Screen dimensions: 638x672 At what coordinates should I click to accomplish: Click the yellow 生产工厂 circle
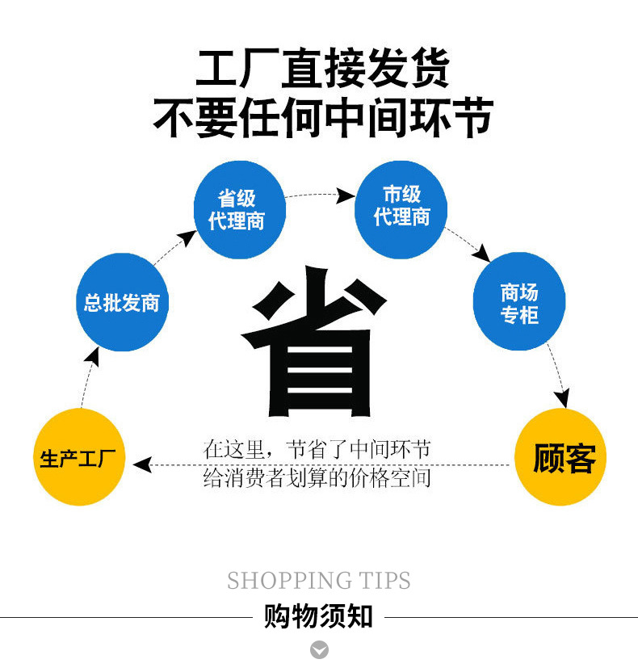click(x=79, y=458)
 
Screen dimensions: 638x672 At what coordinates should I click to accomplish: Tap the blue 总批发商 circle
click(x=121, y=302)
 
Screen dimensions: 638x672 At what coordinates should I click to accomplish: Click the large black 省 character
click(x=317, y=347)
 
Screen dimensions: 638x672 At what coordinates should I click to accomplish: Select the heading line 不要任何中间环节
click(x=322, y=118)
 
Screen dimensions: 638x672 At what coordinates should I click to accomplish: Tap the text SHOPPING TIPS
click(x=318, y=580)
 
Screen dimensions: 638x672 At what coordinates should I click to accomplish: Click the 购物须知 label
click(x=318, y=617)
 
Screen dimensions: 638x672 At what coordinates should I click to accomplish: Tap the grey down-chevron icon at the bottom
click(x=319, y=649)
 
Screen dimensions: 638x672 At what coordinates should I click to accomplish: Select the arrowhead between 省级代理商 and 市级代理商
click(x=346, y=195)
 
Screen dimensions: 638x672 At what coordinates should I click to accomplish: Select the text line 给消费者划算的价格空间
click(x=317, y=477)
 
